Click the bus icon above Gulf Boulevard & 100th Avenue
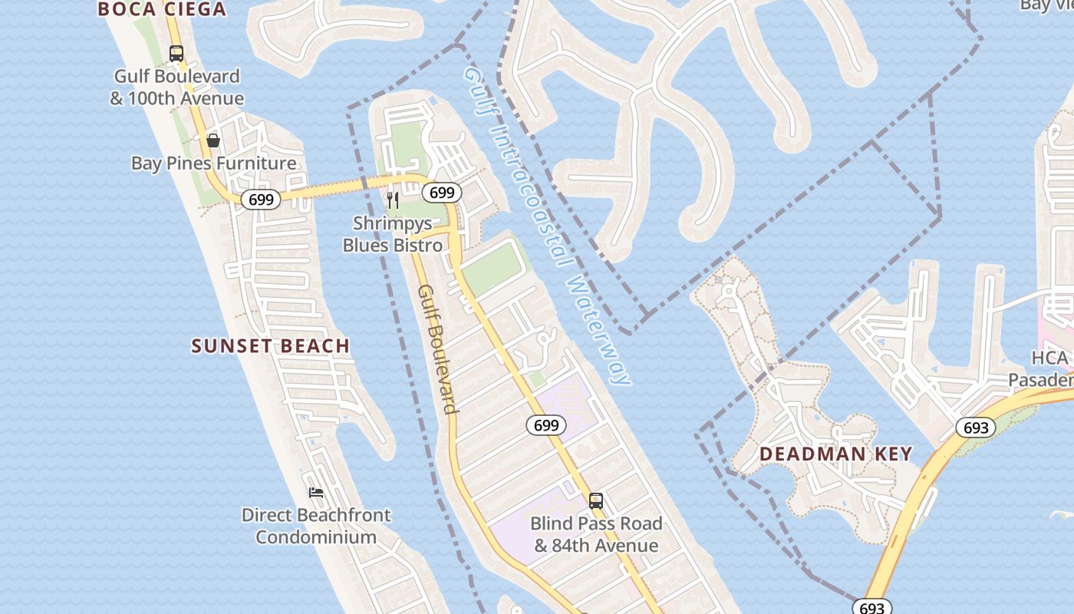click(x=176, y=54)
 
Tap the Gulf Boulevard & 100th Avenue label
click(x=177, y=87)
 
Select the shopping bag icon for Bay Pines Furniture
click(x=213, y=140)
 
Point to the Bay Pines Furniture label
click(x=213, y=163)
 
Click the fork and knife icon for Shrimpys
click(x=393, y=200)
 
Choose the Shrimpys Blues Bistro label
click(x=393, y=234)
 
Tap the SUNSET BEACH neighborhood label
click(x=271, y=346)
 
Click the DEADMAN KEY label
click(x=836, y=454)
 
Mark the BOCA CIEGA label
click(x=162, y=9)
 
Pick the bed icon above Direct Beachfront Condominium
click(x=316, y=492)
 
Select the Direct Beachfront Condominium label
click(x=316, y=526)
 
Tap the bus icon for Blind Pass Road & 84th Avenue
click(x=596, y=501)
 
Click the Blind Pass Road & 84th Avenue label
click(x=596, y=535)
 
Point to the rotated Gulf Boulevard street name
click(x=438, y=349)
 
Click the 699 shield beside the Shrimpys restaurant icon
click(x=442, y=193)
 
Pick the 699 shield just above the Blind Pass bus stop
click(x=546, y=425)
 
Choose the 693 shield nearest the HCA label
click(x=976, y=427)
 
